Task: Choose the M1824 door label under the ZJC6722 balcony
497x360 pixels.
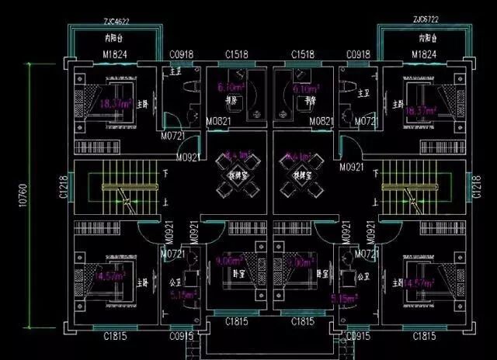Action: tap(426, 54)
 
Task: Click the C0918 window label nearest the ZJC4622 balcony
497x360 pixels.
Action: tap(182, 54)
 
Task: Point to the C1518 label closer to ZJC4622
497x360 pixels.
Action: tap(237, 54)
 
